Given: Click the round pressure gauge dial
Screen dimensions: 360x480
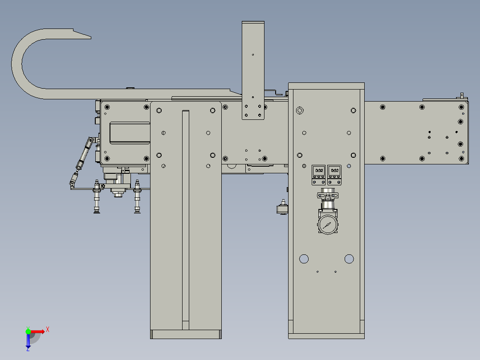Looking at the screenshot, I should pyautogui.click(x=328, y=225).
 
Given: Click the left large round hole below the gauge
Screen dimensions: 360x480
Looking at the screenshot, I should pyautogui.click(x=304, y=258).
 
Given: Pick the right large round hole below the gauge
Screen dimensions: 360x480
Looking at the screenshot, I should pyautogui.click(x=349, y=258).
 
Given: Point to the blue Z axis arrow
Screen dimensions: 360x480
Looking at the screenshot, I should pyautogui.click(x=28, y=341).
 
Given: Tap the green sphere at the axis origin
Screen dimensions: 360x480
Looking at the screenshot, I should pyautogui.click(x=28, y=331).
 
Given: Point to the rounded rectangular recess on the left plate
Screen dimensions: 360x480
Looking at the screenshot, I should pyautogui.click(x=130, y=133).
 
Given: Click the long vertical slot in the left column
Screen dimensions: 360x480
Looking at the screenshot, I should pyautogui.click(x=186, y=218).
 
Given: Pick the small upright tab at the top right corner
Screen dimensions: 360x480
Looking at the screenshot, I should pyautogui.click(x=462, y=95).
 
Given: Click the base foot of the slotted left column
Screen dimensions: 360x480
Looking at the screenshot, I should pyautogui.click(x=186, y=334).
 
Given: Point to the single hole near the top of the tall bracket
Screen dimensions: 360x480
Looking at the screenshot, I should pyautogui.click(x=253, y=55).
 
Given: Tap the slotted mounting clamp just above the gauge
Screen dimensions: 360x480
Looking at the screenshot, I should pyautogui.click(x=328, y=195).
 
